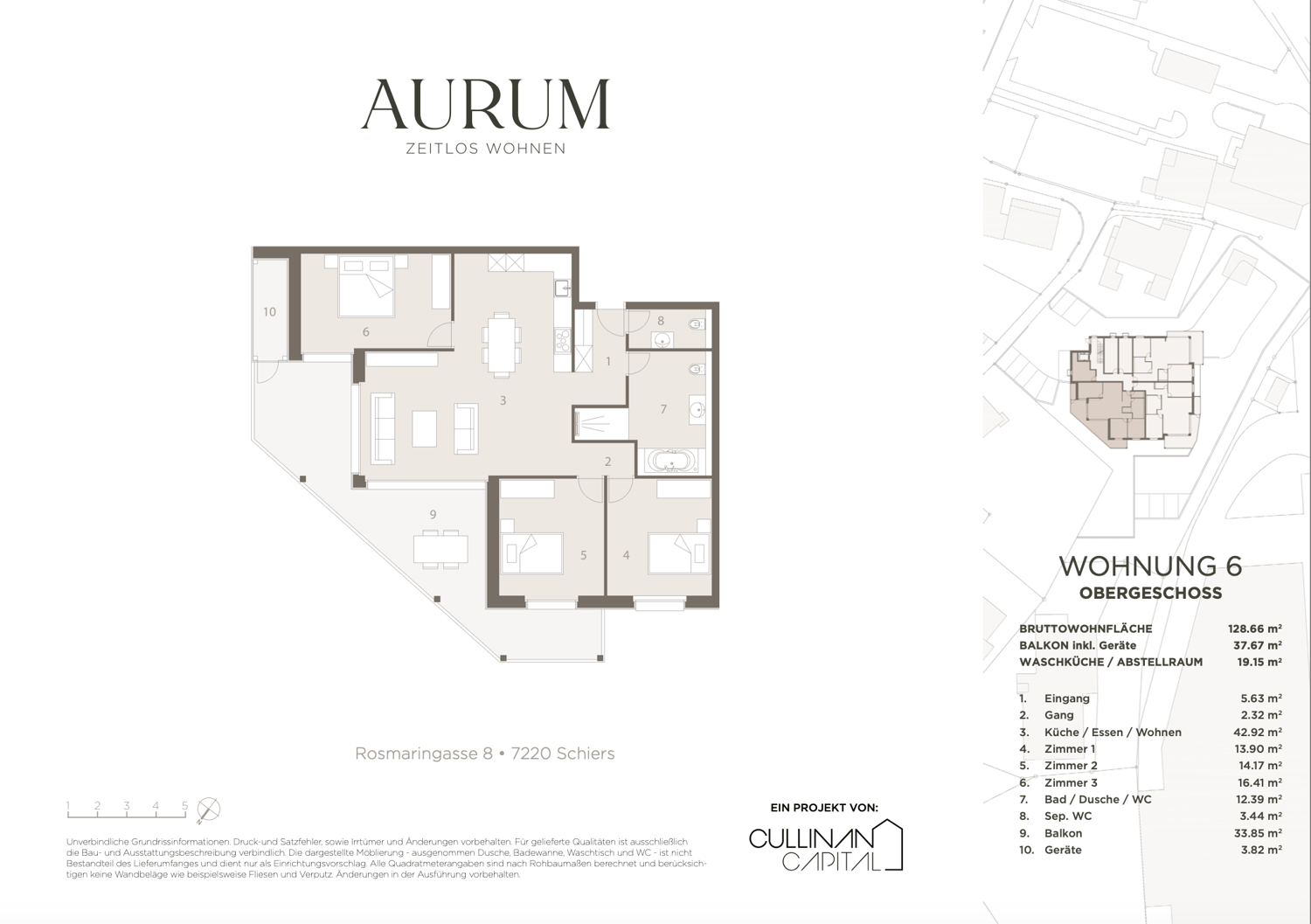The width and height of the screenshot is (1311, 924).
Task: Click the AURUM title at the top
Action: [485, 105]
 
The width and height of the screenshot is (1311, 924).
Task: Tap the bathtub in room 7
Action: [671, 460]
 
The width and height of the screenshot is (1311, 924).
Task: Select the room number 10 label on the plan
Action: [269, 311]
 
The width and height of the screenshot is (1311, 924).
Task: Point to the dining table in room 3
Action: [502, 344]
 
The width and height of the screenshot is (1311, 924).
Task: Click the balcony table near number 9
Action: [440, 549]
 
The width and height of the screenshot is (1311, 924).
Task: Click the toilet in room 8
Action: [697, 324]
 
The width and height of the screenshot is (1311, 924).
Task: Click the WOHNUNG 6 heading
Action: [1150, 566]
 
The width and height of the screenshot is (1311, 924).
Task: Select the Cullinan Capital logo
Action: [825, 845]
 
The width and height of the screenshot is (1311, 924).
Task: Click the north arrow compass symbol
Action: [208, 809]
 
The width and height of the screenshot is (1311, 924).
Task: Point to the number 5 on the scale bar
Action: [184, 806]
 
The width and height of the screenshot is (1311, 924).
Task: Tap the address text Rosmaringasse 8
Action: [423, 753]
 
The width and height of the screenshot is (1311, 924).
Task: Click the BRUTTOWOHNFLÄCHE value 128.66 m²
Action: [1254, 629]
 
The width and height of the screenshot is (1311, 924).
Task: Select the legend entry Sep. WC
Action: [1068, 816]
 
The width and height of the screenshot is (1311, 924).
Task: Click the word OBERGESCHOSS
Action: [1150, 594]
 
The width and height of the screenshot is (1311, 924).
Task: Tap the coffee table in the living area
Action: [424, 428]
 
